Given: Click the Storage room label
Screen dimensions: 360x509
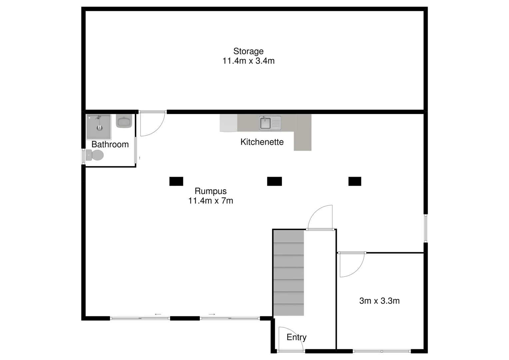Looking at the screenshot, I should point(248,51).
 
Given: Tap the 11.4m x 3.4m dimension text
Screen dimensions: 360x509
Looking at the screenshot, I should point(249,61).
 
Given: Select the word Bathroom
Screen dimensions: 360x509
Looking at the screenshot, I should point(110,144).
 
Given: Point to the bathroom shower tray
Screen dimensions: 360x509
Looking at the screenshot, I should point(99,127).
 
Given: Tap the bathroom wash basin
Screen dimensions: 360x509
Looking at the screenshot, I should point(124,121).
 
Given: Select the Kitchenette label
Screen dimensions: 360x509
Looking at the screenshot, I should point(262,142).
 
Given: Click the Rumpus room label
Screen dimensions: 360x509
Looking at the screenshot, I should point(211,191).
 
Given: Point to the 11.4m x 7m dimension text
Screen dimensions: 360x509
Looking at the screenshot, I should point(211,201).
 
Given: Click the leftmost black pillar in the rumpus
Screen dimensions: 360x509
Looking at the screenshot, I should point(176,181).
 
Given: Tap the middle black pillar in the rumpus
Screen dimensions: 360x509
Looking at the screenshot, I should point(274,181).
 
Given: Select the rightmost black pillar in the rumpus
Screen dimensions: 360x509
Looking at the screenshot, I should point(355,181).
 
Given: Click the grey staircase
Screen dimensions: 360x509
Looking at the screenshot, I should point(288,273).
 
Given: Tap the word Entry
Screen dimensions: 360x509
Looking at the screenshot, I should point(296,337).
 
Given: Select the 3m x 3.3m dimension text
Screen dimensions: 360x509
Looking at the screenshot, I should point(379,301).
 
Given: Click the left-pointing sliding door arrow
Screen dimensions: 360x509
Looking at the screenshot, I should point(158,314).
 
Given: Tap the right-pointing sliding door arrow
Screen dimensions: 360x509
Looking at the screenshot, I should point(212,314).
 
